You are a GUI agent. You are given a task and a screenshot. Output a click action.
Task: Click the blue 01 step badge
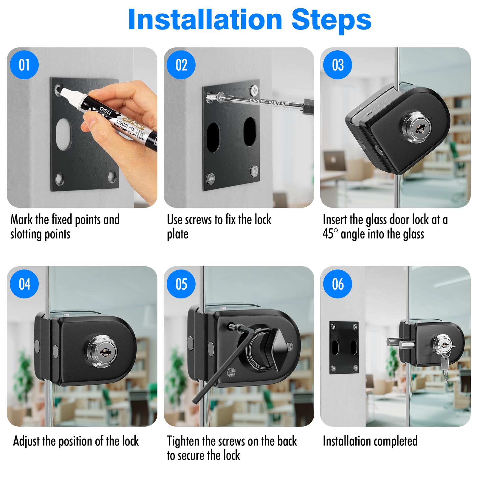24,65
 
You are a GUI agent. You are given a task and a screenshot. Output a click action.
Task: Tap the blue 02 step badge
181,65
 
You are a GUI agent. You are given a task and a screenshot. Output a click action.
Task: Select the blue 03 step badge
338,65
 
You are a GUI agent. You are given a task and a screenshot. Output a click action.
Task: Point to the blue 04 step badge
24,284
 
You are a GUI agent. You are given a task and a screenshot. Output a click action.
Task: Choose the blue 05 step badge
181,284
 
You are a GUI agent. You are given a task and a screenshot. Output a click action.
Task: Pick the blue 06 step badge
338,284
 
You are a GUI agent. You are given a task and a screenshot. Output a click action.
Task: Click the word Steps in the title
331,20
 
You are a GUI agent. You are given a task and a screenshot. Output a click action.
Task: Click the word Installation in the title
205,20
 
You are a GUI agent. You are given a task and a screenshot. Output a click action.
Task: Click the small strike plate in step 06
344,348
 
